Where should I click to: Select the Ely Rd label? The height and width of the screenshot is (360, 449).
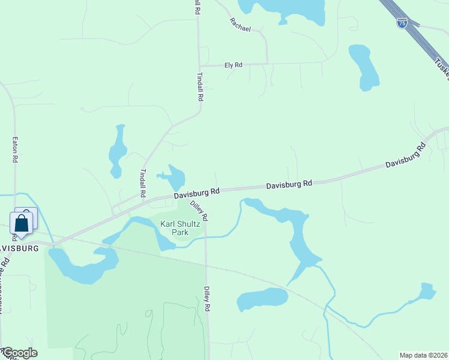tap(233, 64)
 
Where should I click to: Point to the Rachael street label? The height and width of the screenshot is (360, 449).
tap(240, 25)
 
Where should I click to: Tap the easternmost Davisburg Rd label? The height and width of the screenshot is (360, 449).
tap(405, 155)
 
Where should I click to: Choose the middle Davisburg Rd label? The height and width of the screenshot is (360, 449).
tap(289, 184)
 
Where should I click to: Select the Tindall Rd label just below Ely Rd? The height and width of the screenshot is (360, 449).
tap(200, 87)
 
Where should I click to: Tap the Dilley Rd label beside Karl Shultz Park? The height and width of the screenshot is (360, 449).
tap(199, 209)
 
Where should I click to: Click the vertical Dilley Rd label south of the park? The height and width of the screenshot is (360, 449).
tap(206, 298)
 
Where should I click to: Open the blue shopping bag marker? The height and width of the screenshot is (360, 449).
tap(22, 224)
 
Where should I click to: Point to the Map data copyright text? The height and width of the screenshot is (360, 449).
tap(423, 355)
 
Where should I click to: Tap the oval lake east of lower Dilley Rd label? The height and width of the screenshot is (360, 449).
tap(262, 299)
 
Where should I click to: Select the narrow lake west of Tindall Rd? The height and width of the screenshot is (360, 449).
tap(117, 151)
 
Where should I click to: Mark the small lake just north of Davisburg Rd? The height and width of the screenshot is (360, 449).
tap(175, 178)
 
